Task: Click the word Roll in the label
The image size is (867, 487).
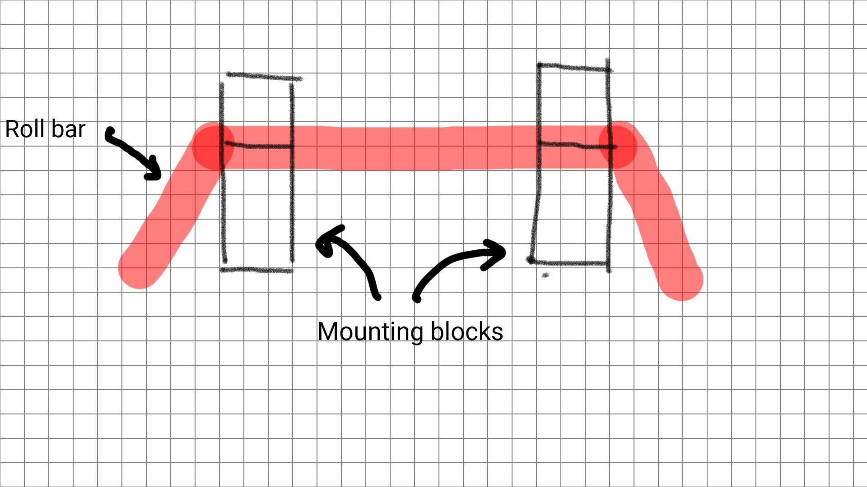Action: [x=25, y=129]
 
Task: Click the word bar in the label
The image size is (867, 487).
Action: [x=68, y=129]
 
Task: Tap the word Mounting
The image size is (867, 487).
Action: [x=370, y=332]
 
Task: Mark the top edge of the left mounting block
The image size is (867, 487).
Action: [x=264, y=76]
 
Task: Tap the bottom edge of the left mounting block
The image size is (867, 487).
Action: [x=256, y=270]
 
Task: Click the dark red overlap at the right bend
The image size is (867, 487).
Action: [x=618, y=146]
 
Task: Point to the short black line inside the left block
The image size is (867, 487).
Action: [x=257, y=146]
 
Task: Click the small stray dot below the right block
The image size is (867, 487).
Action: [x=545, y=275]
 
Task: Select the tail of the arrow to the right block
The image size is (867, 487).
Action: [x=417, y=298]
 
